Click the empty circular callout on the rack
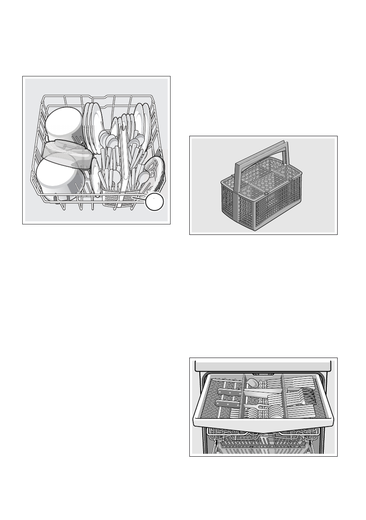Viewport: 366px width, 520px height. pyautogui.click(x=155, y=202)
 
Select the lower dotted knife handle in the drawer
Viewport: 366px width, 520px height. pyautogui.click(x=228, y=404)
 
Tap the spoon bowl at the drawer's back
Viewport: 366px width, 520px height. pyautogui.click(x=252, y=382)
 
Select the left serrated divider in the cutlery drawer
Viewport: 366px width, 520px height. pyautogui.click(x=243, y=395)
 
